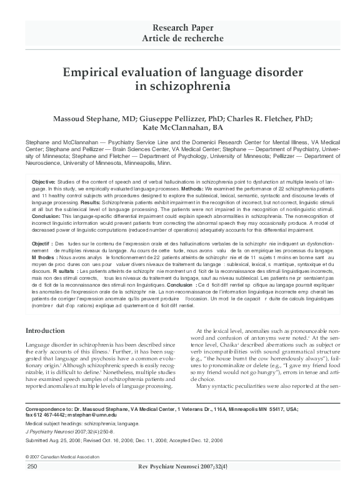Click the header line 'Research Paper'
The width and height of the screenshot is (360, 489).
pos(180,27)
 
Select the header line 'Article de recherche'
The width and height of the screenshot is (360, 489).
pos(180,38)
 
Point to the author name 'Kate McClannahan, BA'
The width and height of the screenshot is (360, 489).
pos(180,129)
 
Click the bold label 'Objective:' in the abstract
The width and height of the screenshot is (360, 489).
pos(44,180)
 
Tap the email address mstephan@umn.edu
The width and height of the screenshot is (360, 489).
pos(93,415)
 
